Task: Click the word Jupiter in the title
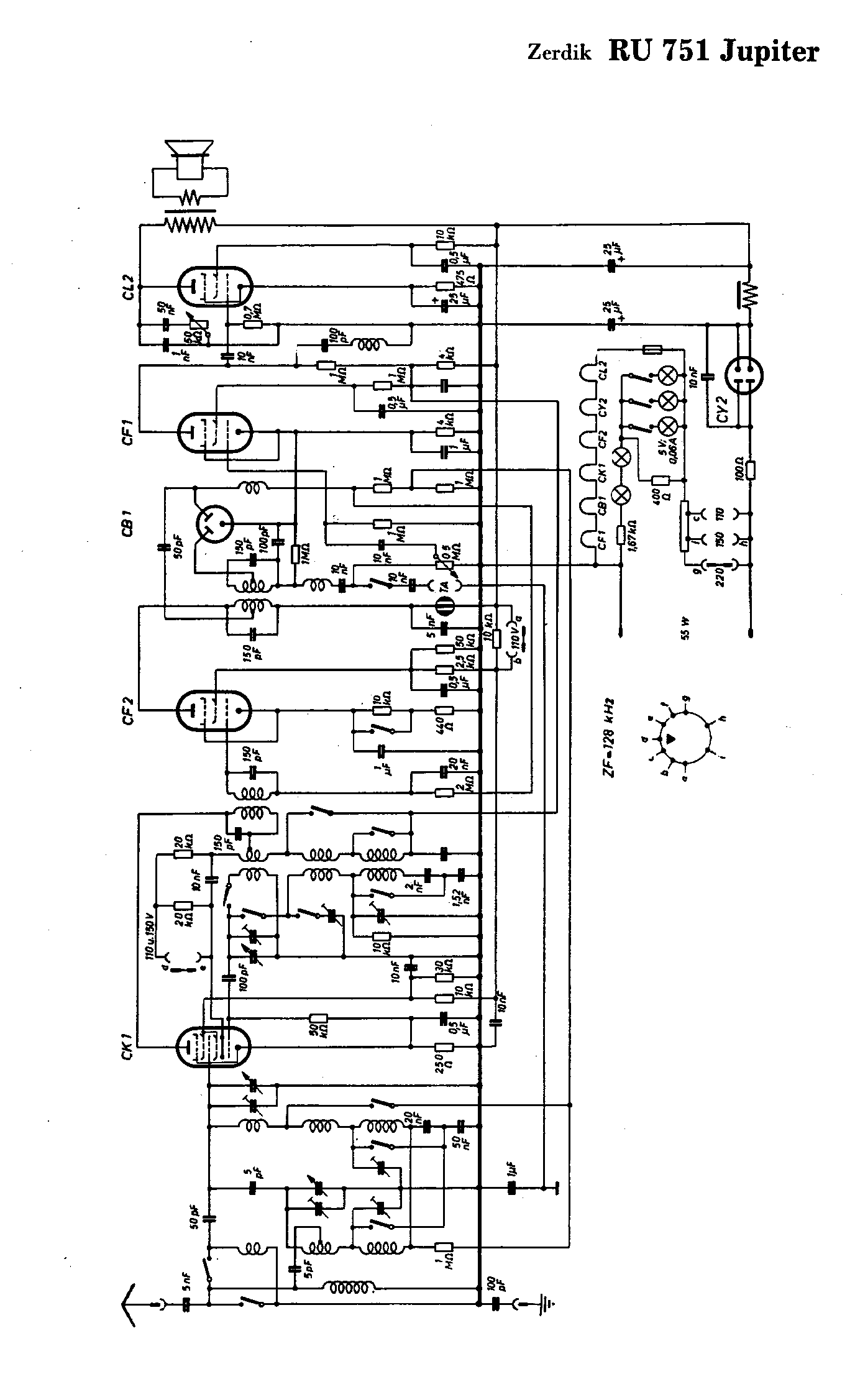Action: [769, 53]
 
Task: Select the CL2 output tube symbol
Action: [215, 286]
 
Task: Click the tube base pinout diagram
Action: [686, 739]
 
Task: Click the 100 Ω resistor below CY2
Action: [750, 469]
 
